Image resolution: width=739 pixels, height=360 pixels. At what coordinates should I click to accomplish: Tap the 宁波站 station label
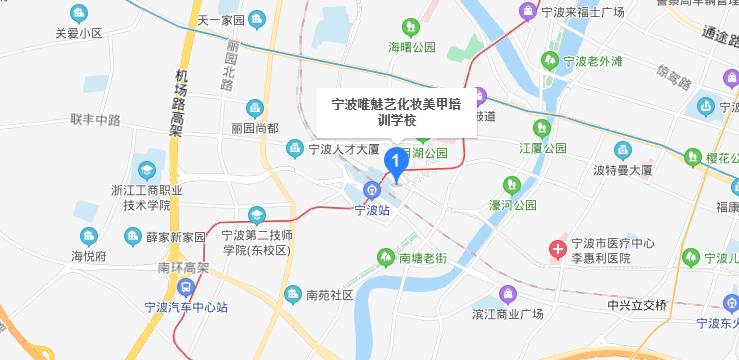pyautogui.click(x=372, y=211)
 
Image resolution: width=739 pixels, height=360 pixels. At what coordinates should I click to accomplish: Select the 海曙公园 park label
pyautogui.click(x=412, y=47)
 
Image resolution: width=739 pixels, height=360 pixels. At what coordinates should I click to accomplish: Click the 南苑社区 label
pyautogui.click(x=330, y=295)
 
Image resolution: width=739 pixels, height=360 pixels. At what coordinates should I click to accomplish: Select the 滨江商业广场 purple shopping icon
pyautogui.click(x=507, y=295)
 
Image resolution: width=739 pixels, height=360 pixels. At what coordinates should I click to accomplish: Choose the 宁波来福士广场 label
pyautogui.click(x=581, y=12)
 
